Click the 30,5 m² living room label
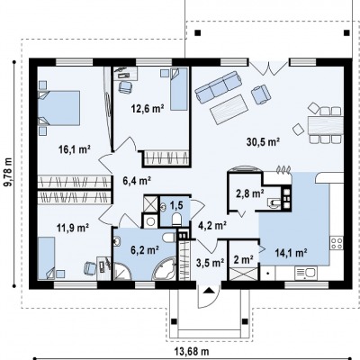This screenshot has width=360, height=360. click(263, 141)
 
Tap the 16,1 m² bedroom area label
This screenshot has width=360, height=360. click(75, 149)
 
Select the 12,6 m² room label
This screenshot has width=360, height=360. click(148, 108)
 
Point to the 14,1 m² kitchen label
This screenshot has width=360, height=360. click(291, 253)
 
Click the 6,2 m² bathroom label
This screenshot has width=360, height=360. click(145, 249)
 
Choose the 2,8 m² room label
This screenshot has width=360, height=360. click(249, 193)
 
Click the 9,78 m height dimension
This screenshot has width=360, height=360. click(9, 172)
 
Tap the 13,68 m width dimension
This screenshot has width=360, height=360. click(192, 351)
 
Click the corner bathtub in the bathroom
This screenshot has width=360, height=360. click(165, 270)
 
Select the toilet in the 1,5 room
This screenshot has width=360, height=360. click(176, 219)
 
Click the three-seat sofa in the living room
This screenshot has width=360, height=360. click(219, 86)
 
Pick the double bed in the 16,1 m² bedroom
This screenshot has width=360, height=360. click(58, 108)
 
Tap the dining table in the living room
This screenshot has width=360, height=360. click(326, 125)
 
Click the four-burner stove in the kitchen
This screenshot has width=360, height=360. click(337, 243)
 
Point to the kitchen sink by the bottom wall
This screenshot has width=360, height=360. click(306, 273)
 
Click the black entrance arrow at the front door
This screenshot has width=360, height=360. click(209, 291)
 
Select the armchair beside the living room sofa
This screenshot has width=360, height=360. click(261, 94)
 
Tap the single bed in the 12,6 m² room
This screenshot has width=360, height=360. click(179, 89)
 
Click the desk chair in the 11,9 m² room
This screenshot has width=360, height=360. click(90, 268)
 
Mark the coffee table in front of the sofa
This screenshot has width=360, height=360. click(229, 109)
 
